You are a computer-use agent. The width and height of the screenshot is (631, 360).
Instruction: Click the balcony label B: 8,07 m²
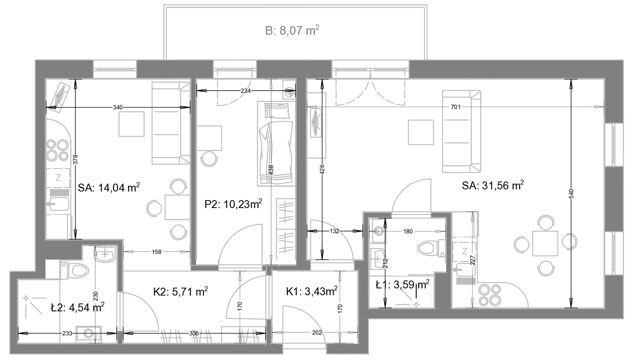coord(292,30)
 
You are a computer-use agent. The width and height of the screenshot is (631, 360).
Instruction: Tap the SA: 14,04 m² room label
coord(109,188)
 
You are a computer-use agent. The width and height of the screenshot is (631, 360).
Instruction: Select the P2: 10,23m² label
coord(233,204)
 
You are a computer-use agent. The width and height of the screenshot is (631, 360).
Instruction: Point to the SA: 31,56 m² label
coord(493,185)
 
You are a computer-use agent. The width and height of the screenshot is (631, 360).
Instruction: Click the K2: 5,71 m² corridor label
coord(181,292)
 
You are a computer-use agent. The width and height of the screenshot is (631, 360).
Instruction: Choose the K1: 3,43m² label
coord(312,292)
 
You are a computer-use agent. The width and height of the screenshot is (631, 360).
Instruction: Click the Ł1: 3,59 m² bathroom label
coord(403,285)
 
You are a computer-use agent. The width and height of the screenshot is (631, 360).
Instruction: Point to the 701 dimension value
coord(456,107)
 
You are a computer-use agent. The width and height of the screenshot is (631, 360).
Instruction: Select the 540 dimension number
coord(571,194)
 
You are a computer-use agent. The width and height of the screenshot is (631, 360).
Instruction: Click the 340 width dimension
coord(118,107)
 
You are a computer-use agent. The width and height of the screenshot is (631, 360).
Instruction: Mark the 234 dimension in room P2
coord(246,91)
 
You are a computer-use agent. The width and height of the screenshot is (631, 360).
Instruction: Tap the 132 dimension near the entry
coord(334,231)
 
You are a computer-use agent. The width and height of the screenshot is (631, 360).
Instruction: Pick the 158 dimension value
coord(157,252)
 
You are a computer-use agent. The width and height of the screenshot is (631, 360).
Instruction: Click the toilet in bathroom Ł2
coord(75,271)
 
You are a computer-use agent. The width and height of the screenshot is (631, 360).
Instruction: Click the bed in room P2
coord(276,144)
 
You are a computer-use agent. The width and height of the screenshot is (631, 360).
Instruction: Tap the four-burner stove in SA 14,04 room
coord(58,150)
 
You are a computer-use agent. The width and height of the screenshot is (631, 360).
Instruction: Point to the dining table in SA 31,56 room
coord(545,243)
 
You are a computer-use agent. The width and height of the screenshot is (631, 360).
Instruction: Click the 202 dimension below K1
coord(317,333)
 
